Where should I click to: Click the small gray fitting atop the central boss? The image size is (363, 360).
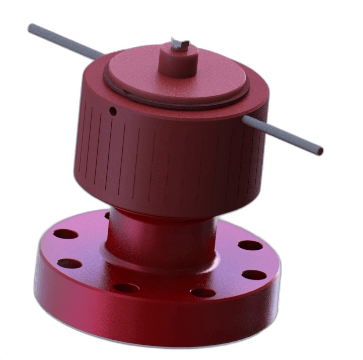coord(178,44)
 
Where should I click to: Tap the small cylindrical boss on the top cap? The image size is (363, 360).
coord(178,63)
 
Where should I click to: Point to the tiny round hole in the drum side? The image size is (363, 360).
coord(113,110)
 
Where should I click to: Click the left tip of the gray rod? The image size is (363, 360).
coord(31,27)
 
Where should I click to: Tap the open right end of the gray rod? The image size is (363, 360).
coord(320,151)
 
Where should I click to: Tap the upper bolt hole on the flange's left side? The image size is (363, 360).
coord(67,234)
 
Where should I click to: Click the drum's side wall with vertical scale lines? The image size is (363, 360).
coord(166,161)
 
